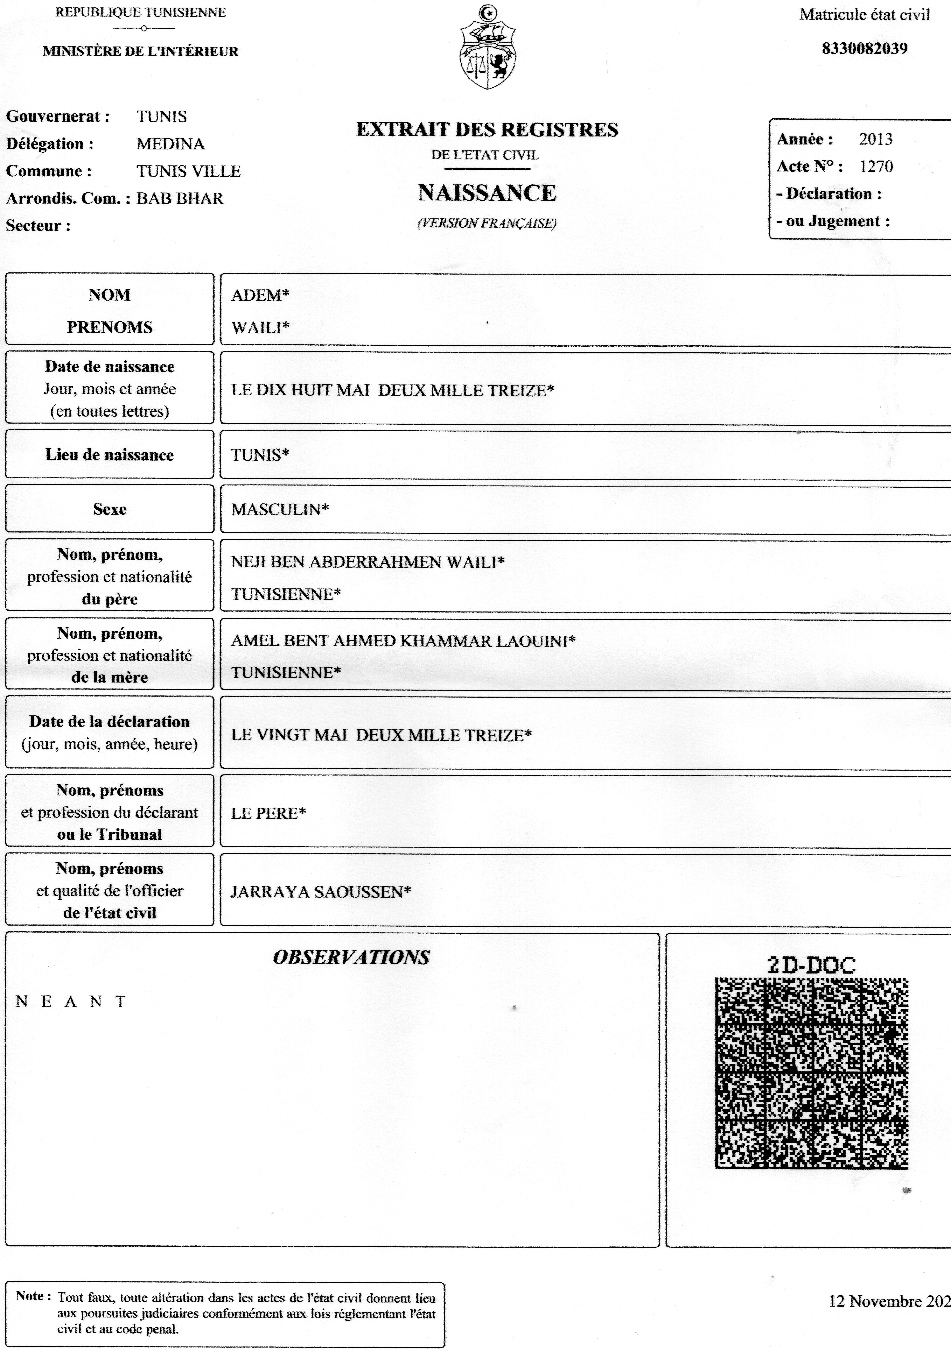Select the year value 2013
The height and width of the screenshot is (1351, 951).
[x=875, y=140]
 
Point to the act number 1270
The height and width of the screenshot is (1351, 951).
[x=876, y=167]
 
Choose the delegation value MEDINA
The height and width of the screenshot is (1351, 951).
[x=171, y=144]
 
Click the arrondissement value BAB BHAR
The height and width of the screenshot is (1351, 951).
[x=180, y=198]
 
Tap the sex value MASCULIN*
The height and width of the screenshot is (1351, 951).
[x=280, y=510]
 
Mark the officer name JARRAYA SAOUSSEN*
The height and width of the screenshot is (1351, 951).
[x=321, y=892]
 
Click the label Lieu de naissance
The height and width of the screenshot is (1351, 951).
[x=110, y=455]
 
